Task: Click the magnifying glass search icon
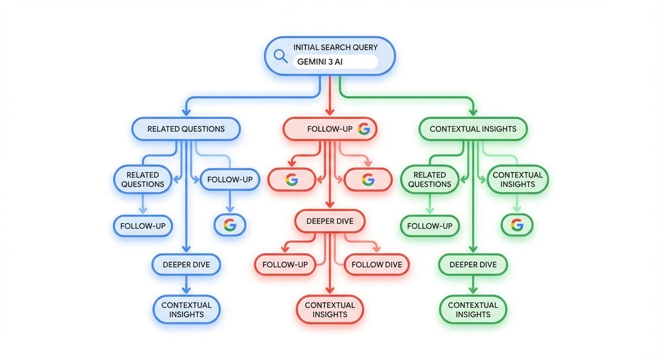coord(280,56)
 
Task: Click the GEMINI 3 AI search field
coord(335,62)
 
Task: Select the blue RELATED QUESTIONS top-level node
coord(186,129)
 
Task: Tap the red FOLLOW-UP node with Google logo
coord(330,129)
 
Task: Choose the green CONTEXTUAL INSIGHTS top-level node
coord(472,129)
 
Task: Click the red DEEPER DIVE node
coord(330,221)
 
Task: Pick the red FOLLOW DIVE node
coord(376,264)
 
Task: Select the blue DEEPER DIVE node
coord(186,265)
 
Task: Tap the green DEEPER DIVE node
coord(472,265)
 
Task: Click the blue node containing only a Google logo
coord(230,225)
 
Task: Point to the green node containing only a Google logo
coord(517,225)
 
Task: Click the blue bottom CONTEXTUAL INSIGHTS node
coord(186,309)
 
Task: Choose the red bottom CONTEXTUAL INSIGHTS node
coord(330,309)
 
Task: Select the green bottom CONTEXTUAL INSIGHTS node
coord(472,309)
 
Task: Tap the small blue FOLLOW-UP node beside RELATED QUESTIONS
coord(230,180)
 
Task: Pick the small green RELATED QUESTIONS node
coord(429,180)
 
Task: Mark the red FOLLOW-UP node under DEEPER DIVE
coord(285,264)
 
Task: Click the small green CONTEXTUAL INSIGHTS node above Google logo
coord(517,180)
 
